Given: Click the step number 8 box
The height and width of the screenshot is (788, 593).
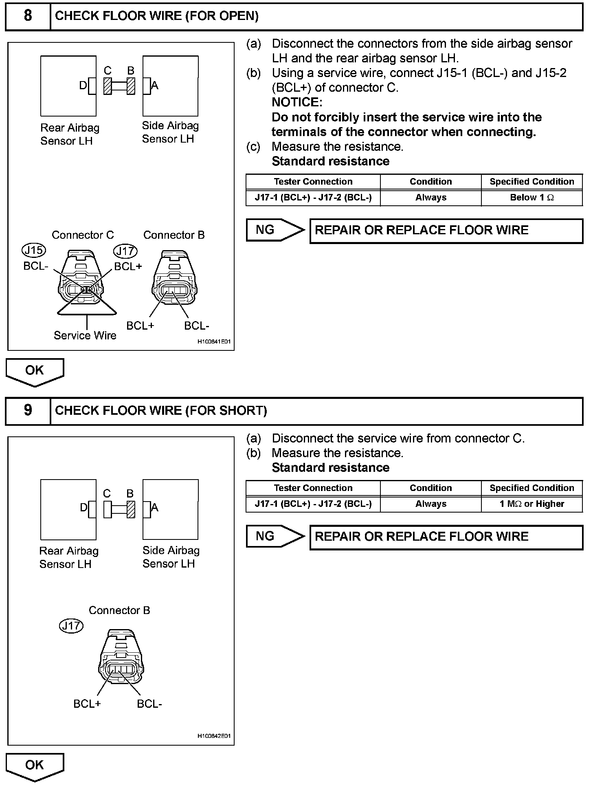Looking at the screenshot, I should pyautogui.click(x=28, y=16).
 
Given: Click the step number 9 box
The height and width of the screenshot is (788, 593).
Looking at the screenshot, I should pyautogui.click(x=28, y=410).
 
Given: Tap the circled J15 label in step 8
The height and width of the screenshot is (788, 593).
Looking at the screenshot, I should pyautogui.click(x=34, y=250).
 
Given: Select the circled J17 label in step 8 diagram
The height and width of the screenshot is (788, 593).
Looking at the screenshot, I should pyautogui.click(x=125, y=251).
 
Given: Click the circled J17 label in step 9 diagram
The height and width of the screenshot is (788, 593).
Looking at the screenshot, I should pyautogui.click(x=71, y=626).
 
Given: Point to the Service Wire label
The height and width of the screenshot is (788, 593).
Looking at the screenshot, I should pyautogui.click(x=85, y=335).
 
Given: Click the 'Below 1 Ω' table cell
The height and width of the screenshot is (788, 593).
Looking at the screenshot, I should pyautogui.click(x=532, y=198).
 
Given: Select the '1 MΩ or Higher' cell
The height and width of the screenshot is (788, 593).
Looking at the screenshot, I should pyautogui.click(x=532, y=504).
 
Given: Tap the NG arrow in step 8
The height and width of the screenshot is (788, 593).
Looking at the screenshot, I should pyautogui.click(x=275, y=230).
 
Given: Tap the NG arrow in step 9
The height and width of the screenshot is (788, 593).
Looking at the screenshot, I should pyautogui.click(x=275, y=537).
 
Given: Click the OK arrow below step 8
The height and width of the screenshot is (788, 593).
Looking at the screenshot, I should pyautogui.click(x=35, y=371).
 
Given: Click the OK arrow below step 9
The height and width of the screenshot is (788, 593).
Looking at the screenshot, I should pyautogui.click(x=35, y=766).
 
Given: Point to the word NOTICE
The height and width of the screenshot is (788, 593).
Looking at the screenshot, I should pyautogui.click(x=297, y=102).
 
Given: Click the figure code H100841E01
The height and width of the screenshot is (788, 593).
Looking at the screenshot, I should pyautogui.click(x=214, y=342).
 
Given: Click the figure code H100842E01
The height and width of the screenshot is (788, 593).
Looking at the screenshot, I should pyautogui.click(x=214, y=736).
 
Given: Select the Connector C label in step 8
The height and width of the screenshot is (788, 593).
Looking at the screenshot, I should pyautogui.click(x=83, y=235).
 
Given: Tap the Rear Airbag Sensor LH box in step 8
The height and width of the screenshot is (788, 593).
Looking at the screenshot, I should pyautogui.click(x=68, y=86).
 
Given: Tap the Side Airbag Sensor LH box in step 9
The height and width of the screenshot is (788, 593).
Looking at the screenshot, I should pyautogui.click(x=171, y=509).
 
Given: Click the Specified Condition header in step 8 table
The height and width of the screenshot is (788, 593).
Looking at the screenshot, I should pyautogui.click(x=532, y=182).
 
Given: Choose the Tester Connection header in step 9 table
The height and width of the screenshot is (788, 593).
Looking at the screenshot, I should pyautogui.click(x=313, y=488).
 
